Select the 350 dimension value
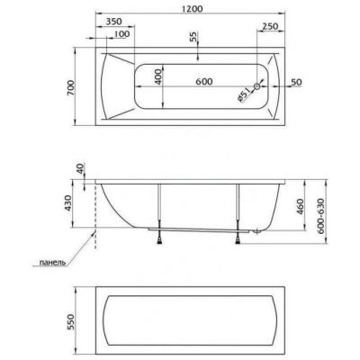[x=114, y=22]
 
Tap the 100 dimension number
[x=122, y=34]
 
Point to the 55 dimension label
[x=193, y=37]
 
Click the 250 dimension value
[x=270, y=26]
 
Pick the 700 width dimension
[x=70, y=87]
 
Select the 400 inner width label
[x=158, y=76]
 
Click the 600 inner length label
[x=204, y=81]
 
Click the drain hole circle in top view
[x=257, y=86]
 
